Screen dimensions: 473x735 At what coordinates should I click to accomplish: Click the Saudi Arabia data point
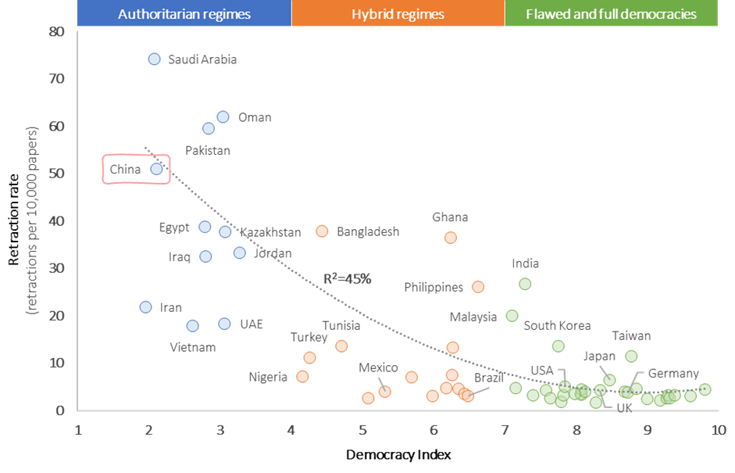click(x=154, y=59)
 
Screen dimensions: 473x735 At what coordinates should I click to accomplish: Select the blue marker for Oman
click(x=223, y=117)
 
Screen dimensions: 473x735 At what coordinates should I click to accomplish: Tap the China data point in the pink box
click(x=156, y=169)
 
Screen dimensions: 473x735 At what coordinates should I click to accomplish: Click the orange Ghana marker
click(x=450, y=238)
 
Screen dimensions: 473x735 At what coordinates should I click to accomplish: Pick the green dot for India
click(x=525, y=285)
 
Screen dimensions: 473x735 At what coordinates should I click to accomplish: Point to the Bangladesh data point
click(x=322, y=231)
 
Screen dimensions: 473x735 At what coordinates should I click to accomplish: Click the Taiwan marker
click(x=631, y=357)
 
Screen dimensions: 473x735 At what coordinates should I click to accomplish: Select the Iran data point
click(x=145, y=307)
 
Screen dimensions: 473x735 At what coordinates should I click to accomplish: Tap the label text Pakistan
click(x=207, y=150)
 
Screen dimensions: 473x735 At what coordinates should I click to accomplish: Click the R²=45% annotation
click(x=347, y=278)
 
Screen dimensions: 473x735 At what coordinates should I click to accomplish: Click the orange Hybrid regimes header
click(x=398, y=14)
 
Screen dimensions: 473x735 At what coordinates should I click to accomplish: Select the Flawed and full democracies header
click(x=611, y=14)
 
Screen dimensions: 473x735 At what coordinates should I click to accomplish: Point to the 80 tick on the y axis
click(x=55, y=32)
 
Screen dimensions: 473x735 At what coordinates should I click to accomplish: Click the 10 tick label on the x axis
click(x=718, y=430)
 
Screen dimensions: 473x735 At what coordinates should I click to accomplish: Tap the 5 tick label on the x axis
click(x=362, y=430)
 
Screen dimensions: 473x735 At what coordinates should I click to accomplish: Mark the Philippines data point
click(x=478, y=287)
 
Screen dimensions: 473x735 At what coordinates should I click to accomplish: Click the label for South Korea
click(x=557, y=326)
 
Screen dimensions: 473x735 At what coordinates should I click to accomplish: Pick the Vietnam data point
click(x=193, y=326)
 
